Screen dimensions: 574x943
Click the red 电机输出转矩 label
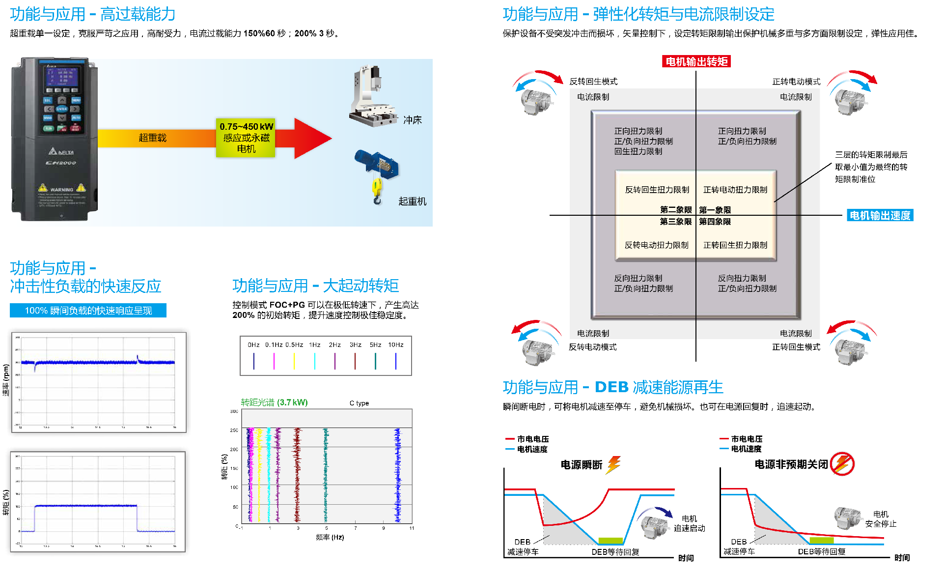coord(696,61)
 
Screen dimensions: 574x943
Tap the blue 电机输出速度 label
coord(880,215)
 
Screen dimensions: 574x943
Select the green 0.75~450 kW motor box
coord(246,138)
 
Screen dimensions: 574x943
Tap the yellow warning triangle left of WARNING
coord(43,188)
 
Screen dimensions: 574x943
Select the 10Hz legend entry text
coord(396,345)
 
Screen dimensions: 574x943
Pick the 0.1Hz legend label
coord(274,345)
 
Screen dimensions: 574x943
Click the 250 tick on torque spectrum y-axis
coord(234,430)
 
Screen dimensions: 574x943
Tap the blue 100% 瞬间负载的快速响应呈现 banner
coord(88,311)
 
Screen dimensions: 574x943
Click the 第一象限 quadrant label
coord(715,210)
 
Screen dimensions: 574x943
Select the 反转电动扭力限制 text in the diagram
coord(657,245)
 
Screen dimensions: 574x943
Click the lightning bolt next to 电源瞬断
coord(614,464)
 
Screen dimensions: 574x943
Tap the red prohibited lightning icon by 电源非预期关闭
coord(842,463)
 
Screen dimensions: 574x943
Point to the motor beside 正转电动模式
coord(850,101)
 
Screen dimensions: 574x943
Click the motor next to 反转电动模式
coord(537,350)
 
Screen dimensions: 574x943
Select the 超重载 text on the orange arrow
coord(152,138)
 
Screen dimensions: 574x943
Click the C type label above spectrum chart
coord(359,403)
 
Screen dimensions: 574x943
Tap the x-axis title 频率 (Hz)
coord(330,537)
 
